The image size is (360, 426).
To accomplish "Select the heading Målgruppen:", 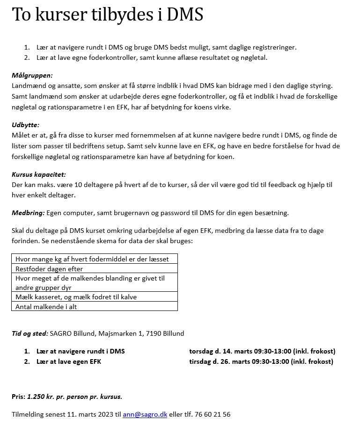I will pyautogui.click(x=32, y=75).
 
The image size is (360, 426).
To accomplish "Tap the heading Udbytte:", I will pyautogui.click(x=25, y=125).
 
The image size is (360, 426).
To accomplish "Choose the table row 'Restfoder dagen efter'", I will pyautogui.click(x=49, y=269).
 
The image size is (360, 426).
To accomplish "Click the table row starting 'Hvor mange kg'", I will pyautogui.click(x=92, y=259).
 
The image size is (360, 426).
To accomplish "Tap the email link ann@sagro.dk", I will pyautogui.click(x=145, y=414).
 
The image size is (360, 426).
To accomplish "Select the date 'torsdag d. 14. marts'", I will pyautogui.click(x=220, y=351).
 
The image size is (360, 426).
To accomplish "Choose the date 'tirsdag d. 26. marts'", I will pyautogui.click(x=220, y=361).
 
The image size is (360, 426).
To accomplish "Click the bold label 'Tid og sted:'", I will pyautogui.click(x=30, y=333).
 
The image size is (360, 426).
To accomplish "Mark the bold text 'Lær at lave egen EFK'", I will pyautogui.click(x=69, y=361).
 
